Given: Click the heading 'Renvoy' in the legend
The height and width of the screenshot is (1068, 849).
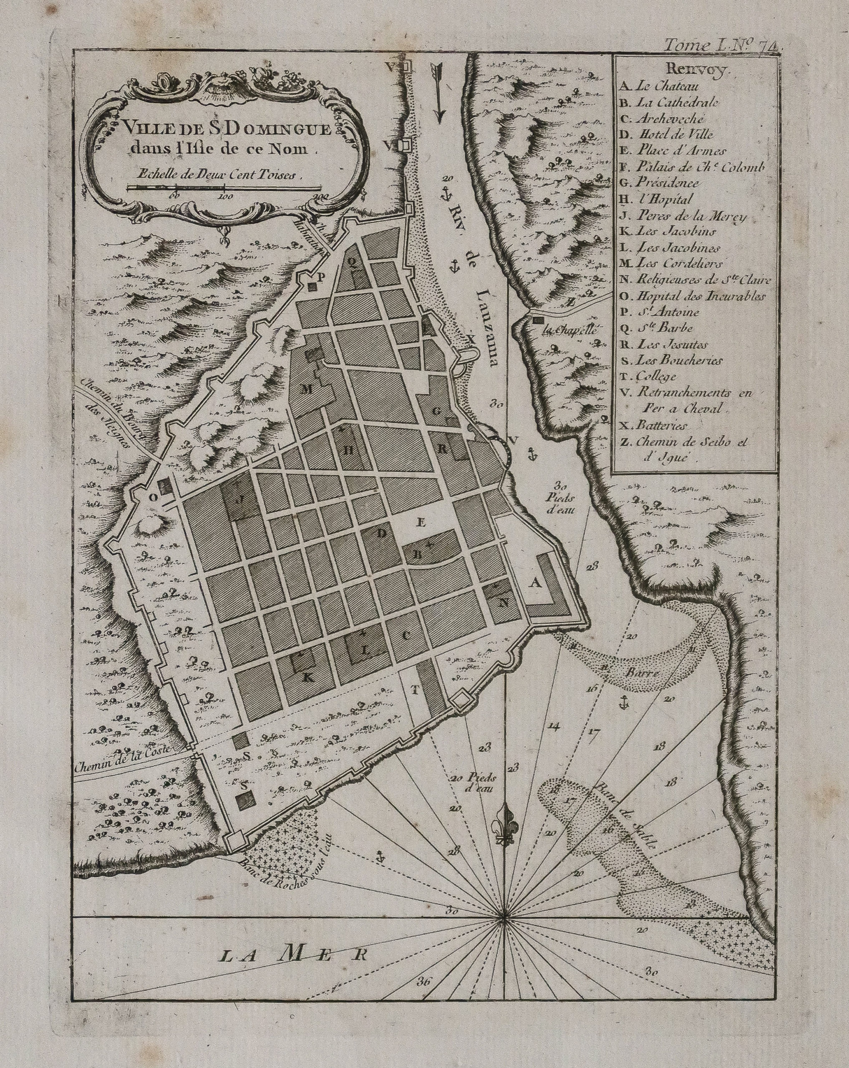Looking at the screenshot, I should pos(695,69).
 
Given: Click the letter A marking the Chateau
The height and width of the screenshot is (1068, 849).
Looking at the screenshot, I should pos(535,584).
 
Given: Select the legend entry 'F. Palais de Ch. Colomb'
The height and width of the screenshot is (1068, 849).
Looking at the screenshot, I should pos(691,167).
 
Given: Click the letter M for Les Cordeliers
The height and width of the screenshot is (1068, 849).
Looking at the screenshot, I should pos(308,389).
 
